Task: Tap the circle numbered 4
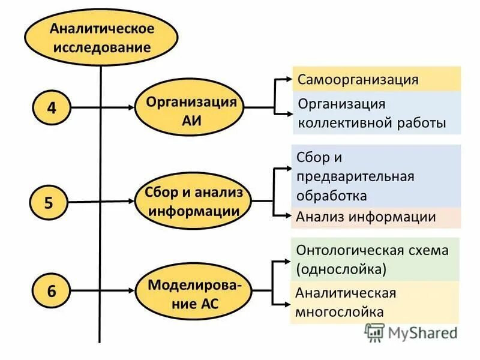pyautogui.click(x=52, y=108)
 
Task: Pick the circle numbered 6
pyautogui.click(x=52, y=292)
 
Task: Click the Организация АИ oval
pyautogui.click(x=191, y=109)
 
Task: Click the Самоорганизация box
pyautogui.click(x=376, y=79)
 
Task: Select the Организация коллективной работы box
pyautogui.click(x=376, y=113)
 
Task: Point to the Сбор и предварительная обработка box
pyautogui.click(x=376, y=176)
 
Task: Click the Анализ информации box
pyautogui.click(x=376, y=217)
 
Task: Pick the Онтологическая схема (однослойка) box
pyautogui.click(x=376, y=259)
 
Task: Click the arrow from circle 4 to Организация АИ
pyautogui.click(x=102, y=108)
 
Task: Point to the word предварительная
pyautogui.click(x=355, y=176)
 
